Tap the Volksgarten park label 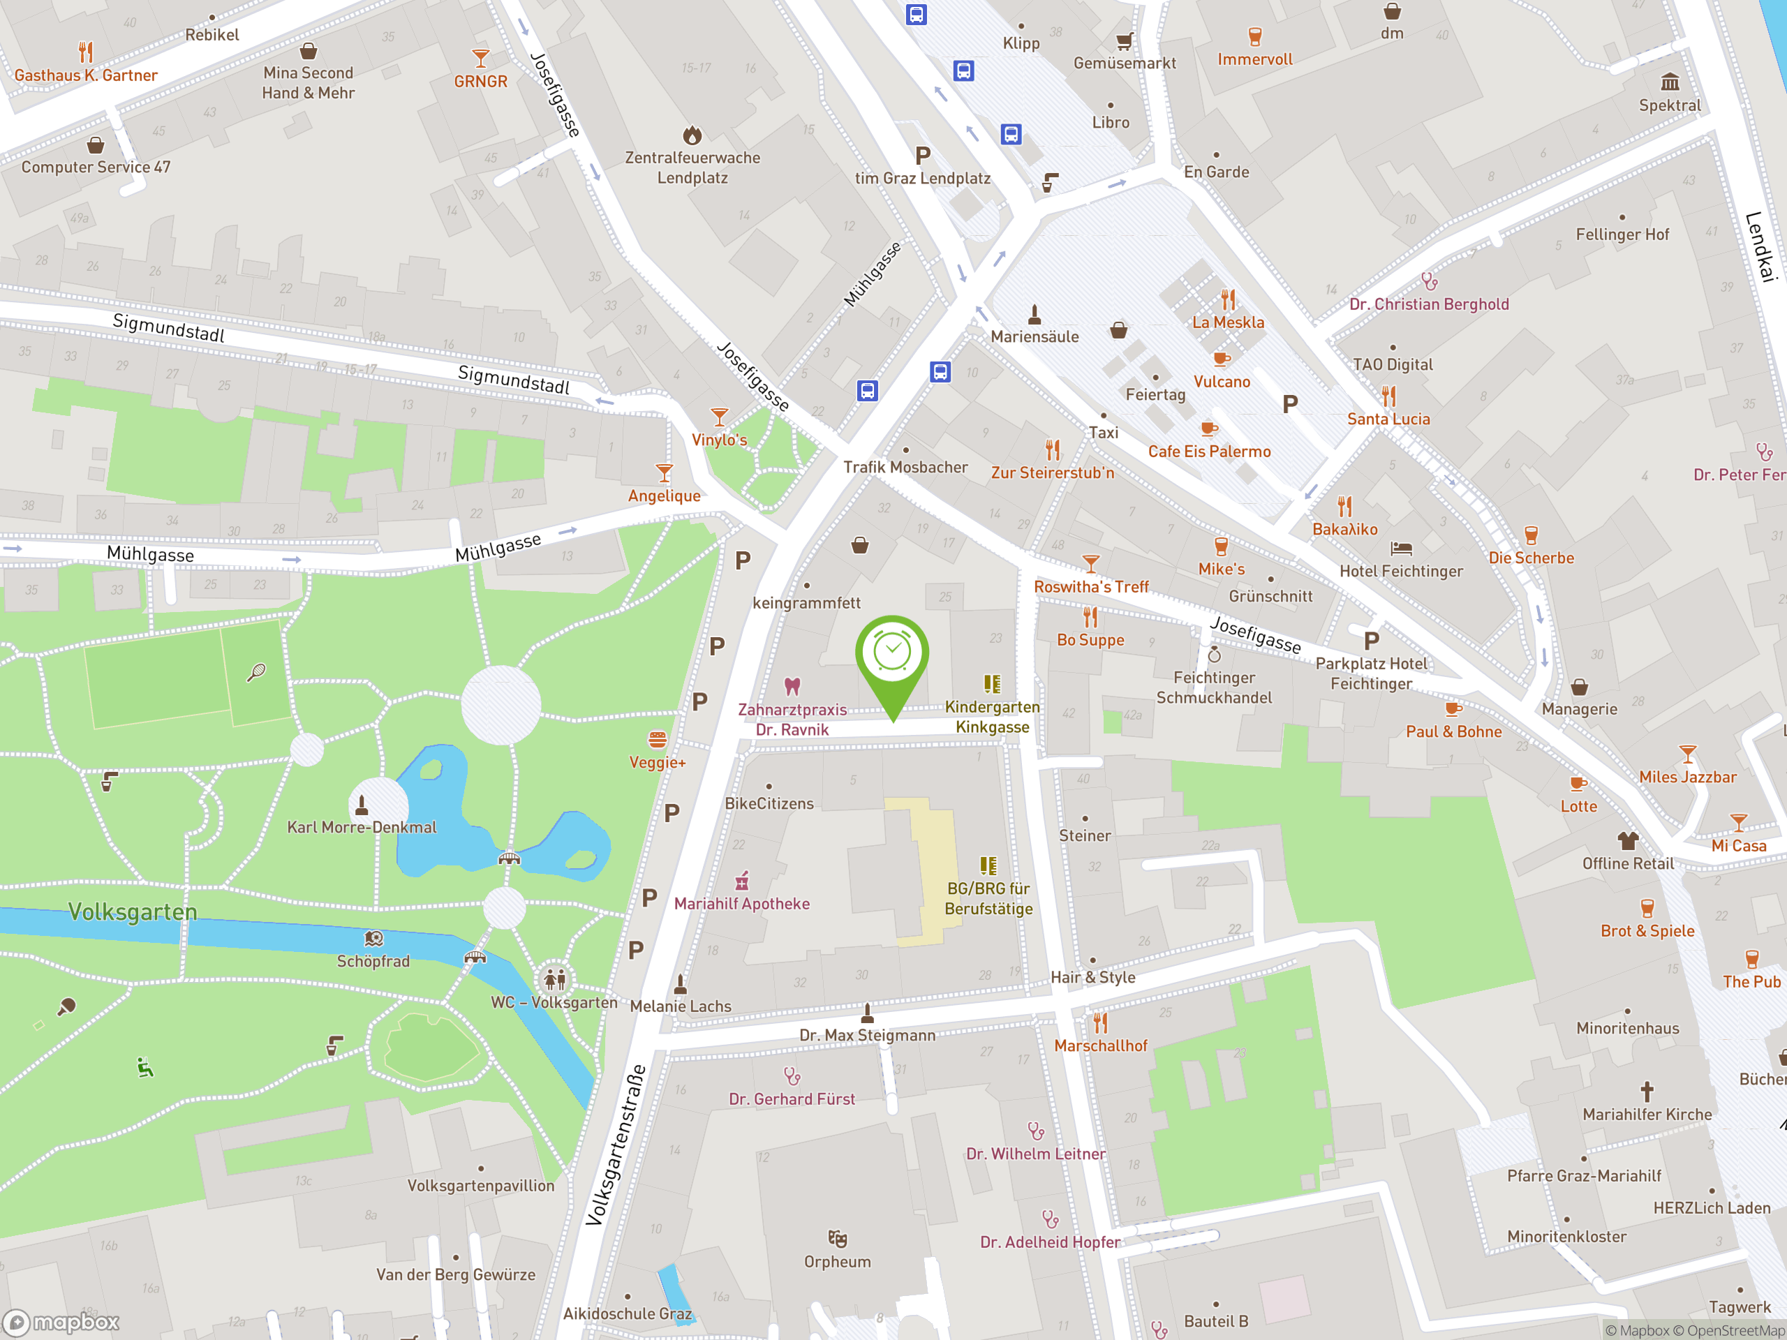pos(133,912)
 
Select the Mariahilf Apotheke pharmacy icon pos(741,880)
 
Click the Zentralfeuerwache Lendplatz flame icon pos(692,135)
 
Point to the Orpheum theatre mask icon pos(837,1238)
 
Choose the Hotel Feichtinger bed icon pos(1401,549)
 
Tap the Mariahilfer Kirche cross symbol pos(1647,1092)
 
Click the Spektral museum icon pos(1670,82)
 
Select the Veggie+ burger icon pos(657,739)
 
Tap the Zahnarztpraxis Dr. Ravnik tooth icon pos(792,687)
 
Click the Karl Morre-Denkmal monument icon pos(361,805)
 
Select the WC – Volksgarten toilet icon pos(554,979)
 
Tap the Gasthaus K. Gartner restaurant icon pos(86,52)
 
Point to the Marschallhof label pos(1100,1046)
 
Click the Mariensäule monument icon pos(1034,313)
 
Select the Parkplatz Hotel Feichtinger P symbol pos(1371,641)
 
